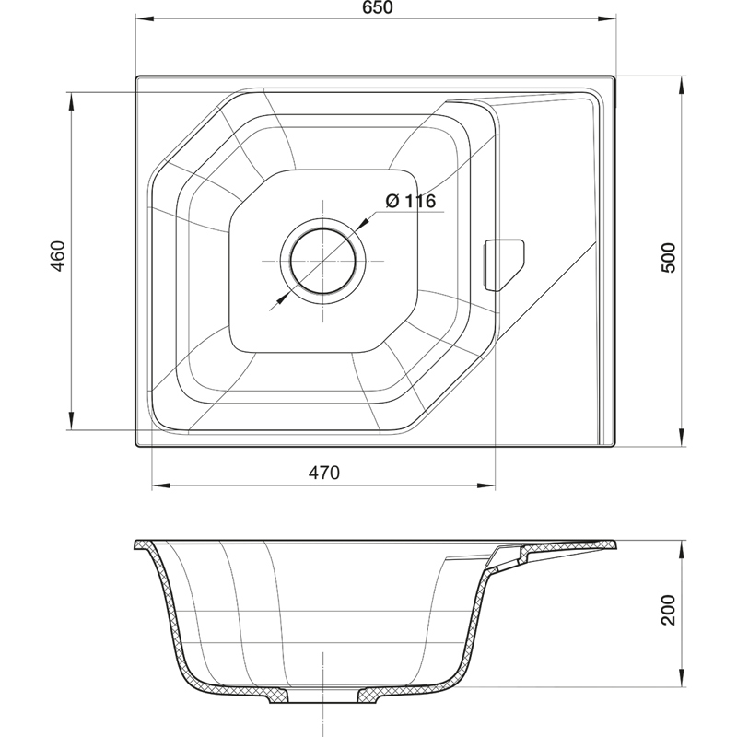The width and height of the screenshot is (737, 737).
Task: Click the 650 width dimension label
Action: coord(378,8)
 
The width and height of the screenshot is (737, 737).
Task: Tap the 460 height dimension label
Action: coord(58,256)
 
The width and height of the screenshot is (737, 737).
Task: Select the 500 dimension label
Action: coord(668,258)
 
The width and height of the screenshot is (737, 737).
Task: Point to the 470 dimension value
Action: coord(323,473)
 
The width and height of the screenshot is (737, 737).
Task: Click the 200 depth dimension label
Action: coord(668,610)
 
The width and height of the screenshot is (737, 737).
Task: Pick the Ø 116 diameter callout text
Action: coord(410,201)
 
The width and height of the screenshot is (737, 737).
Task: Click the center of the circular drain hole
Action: coord(323,261)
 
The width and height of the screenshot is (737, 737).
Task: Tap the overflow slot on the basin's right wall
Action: coord(504,264)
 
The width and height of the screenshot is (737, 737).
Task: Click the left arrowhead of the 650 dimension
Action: coord(145,19)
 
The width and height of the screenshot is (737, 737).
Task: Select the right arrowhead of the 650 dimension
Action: coord(607,19)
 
